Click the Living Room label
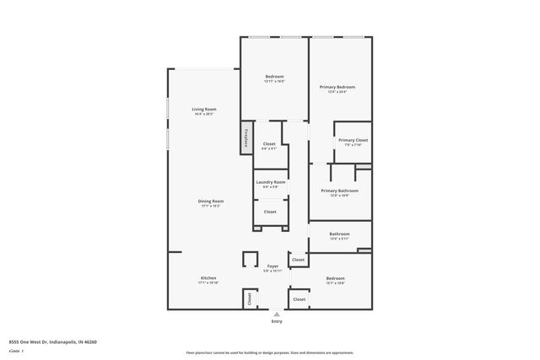[205, 109]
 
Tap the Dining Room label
[210, 201]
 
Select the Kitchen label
[208, 278]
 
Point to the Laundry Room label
[271, 182]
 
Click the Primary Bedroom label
[337, 87]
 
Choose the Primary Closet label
[352, 140]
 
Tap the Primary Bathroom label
[339, 191]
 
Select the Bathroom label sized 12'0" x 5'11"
[339, 234]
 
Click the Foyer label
[273, 266]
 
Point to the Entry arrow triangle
[277, 314]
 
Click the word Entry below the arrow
[277, 322]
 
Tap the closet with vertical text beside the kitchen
[249, 298]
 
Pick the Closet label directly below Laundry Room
[270, 212]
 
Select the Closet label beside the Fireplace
[270, 144]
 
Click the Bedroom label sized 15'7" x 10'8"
[335, 278]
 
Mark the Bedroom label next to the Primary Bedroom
[274, 76]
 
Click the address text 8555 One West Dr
[52, 342]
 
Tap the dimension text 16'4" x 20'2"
[205, 113]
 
